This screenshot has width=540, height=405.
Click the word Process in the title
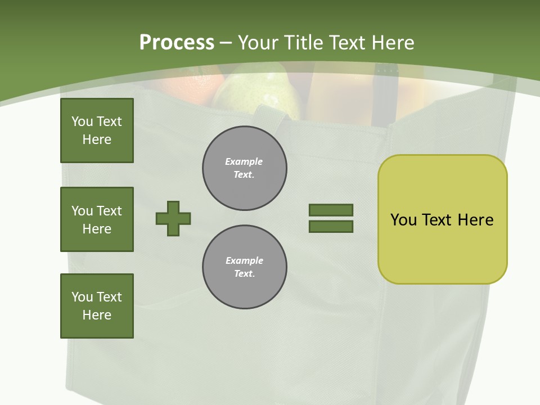177,43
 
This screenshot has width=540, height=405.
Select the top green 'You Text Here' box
97,130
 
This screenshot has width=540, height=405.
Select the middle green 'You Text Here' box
97,219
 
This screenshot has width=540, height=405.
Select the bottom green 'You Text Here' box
97,306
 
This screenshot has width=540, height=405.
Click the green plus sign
173,218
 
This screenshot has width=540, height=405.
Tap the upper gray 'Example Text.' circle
245,168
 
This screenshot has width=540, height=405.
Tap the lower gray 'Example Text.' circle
245,267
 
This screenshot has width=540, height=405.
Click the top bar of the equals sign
331,210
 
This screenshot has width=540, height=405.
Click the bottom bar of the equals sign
331,227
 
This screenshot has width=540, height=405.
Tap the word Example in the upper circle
244,161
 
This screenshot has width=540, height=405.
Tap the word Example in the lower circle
244,260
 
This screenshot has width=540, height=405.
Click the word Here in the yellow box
475,220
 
